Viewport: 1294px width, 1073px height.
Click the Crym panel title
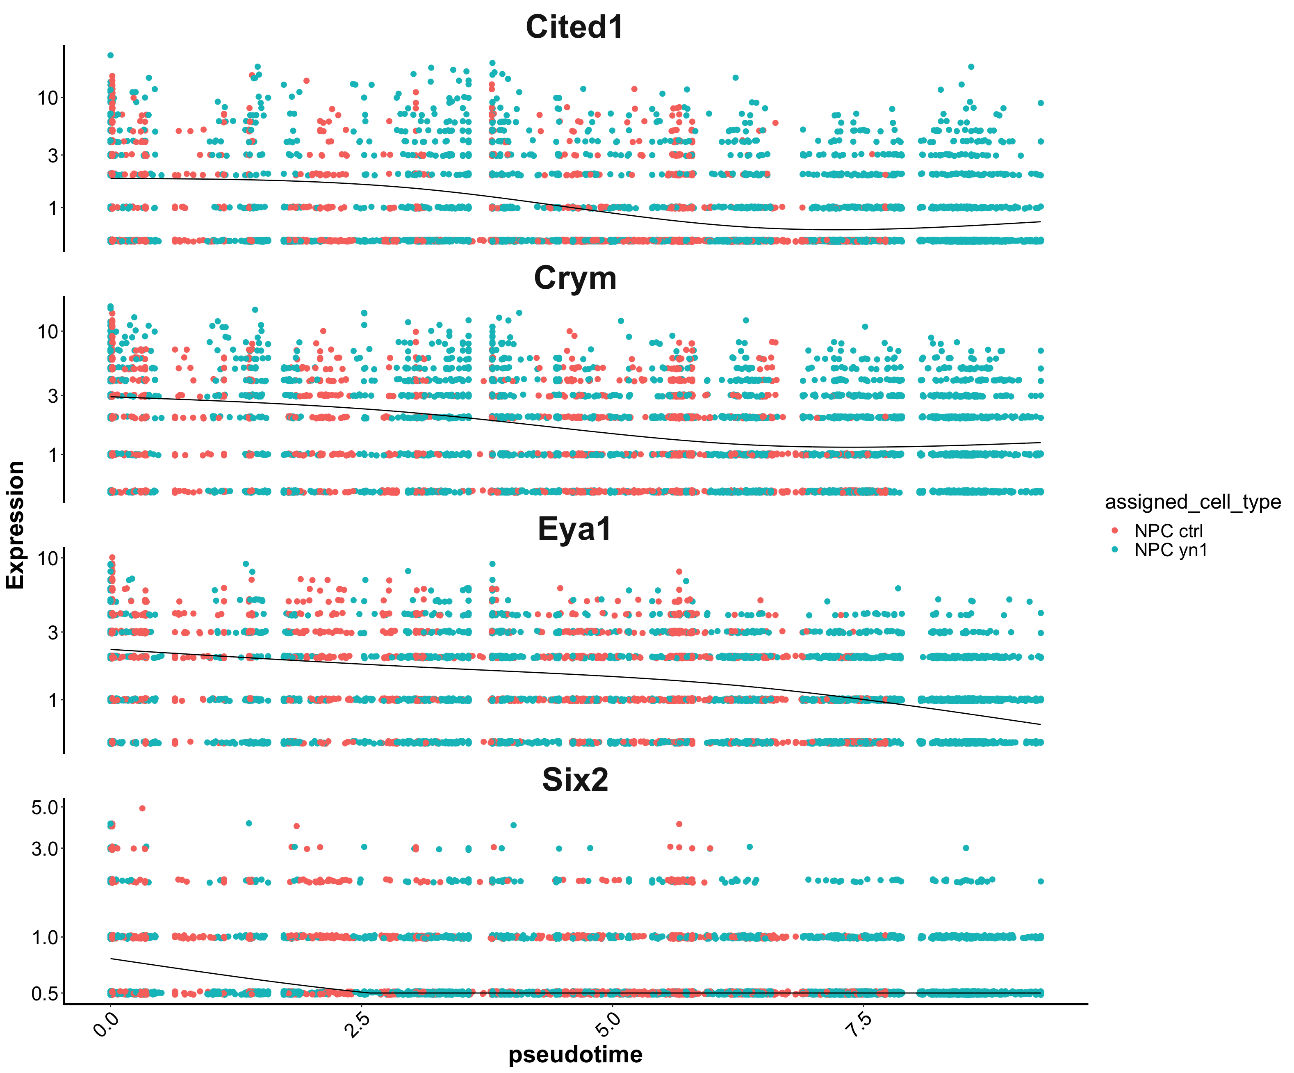(x=575, y=278)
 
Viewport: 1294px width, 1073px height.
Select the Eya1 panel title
(x=574, y=529)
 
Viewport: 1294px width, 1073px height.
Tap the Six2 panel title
(x=575, y=780)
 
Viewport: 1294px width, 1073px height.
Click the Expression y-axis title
(x=16, y=525)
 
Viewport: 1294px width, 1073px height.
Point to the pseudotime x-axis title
(x=575, y=1055)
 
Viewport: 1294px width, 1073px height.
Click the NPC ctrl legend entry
(x=1168, y=531)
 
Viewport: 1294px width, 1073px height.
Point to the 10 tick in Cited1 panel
(x=48, y=97)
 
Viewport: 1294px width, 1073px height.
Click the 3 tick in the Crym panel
(x=53, y=396)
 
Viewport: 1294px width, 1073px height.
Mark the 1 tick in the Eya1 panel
(x=53, y=700)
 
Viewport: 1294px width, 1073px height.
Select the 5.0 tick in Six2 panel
(x=44, y=807)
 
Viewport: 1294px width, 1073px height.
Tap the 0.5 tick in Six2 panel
(x=44, y=993)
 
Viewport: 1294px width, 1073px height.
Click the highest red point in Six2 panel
(x=142, y=808)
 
